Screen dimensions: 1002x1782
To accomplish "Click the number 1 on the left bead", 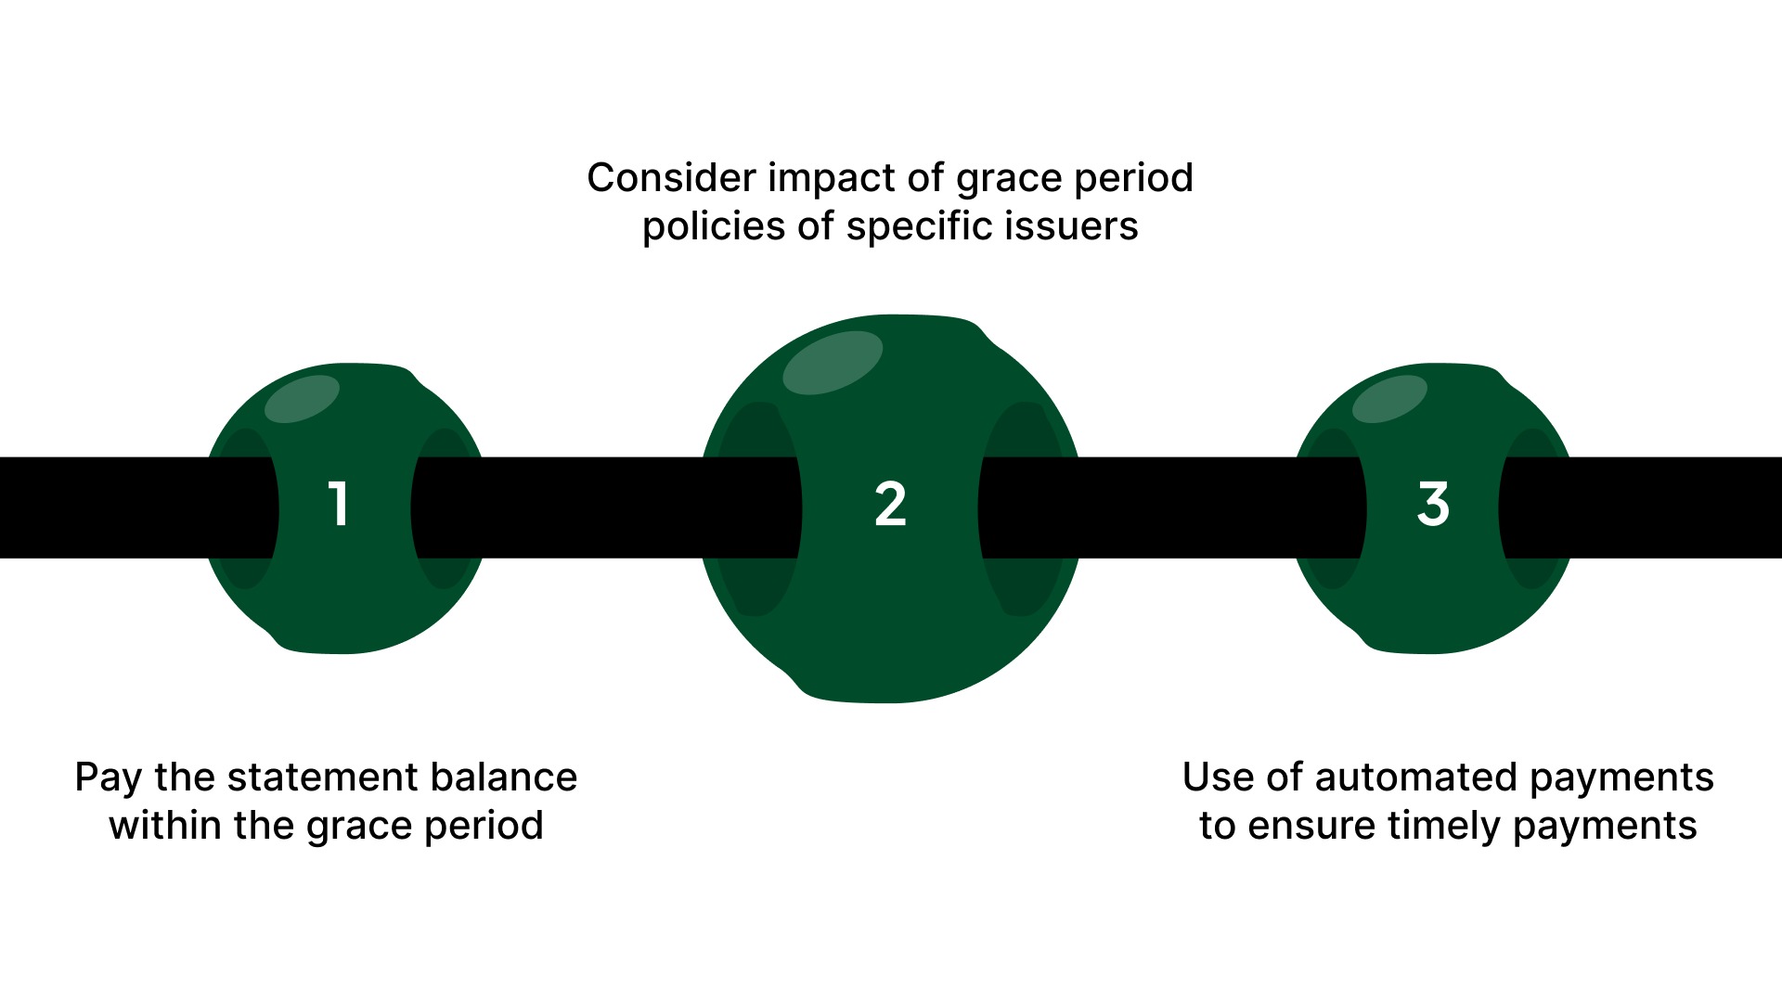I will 339,505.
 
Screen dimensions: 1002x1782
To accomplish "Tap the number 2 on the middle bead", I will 890,505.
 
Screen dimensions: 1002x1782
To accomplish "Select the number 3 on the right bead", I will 1433,505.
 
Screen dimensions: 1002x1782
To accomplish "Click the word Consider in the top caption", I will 671,178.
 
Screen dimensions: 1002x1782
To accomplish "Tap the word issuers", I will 1085,226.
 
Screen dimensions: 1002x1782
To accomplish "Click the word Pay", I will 108,778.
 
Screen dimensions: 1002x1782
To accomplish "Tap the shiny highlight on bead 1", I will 302,399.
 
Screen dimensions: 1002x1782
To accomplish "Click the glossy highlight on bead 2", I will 832,363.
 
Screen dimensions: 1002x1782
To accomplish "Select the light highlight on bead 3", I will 1389,399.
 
